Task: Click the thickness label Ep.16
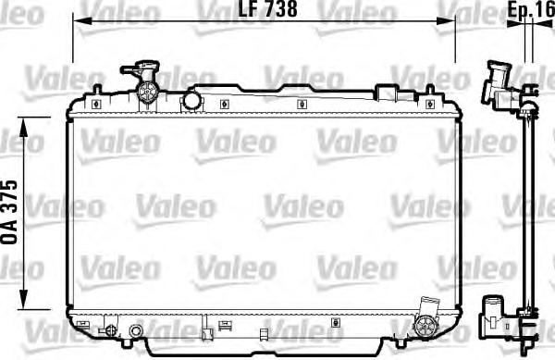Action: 531,10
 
